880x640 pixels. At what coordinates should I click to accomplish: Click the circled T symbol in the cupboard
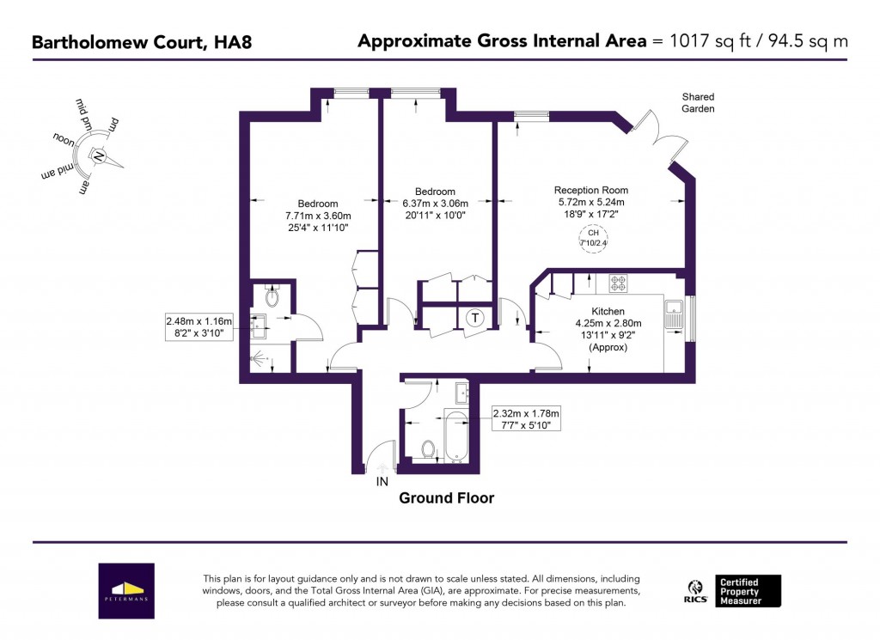pos(474,318)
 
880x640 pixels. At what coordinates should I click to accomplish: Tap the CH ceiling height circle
pos(592,238)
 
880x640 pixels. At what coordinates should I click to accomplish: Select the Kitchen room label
pos(608,311)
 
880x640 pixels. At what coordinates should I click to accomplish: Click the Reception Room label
pos(590,190)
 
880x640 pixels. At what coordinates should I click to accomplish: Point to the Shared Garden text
pos(698,103)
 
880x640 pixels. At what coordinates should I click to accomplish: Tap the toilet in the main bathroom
pos(428,448)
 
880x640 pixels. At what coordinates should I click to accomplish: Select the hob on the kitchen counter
pos(618,283)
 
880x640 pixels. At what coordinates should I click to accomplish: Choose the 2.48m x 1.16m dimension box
pos(199,327)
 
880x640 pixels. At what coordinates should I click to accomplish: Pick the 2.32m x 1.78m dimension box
pos(525,418)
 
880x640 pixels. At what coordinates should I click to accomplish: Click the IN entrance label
pos(382,483)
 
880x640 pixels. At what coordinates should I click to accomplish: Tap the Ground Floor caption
pos(446,498)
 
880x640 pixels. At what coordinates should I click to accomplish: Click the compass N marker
pos(97,157)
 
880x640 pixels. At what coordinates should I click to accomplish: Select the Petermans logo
pos(126,591)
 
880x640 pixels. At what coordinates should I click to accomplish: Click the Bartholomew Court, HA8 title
pos(142,41)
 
